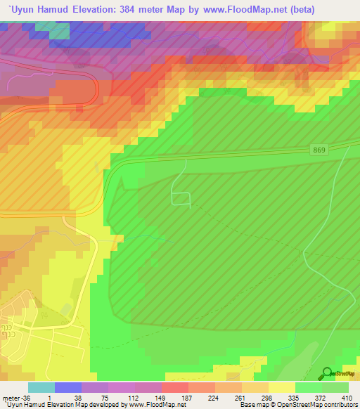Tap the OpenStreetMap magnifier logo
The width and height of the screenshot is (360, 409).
328,374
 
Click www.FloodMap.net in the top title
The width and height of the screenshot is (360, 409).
235,9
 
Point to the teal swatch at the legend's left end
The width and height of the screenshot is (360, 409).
41,387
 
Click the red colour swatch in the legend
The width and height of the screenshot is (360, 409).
175,387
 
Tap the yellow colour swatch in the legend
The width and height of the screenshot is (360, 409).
282,387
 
